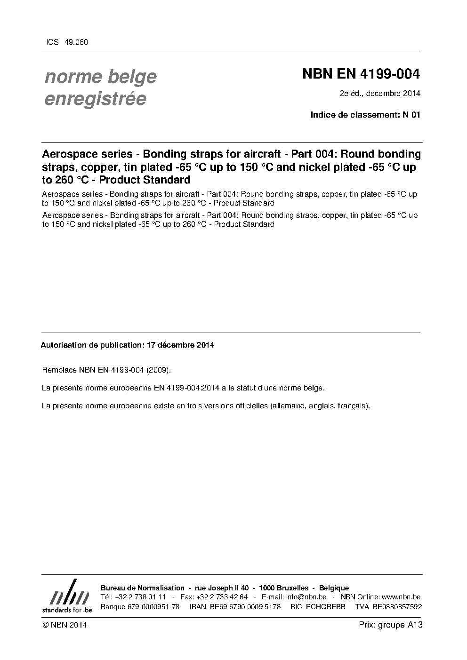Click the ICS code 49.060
(x=75, y=42)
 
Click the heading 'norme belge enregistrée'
(x=100, y=87)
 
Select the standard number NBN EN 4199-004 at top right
(x=361, y=74)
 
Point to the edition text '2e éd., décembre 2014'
(x=380, y=93)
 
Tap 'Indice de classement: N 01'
(x=365, y=115)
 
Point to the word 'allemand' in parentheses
(x=289, y=406)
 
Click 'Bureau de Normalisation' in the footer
(x=143, y=588)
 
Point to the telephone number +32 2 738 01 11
(x=140, y=597)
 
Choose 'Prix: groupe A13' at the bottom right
(x=391, y=625)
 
